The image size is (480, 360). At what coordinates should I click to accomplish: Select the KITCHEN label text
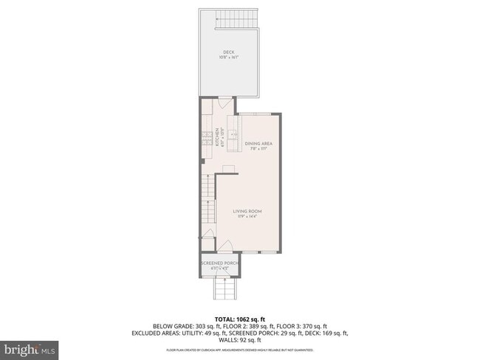(x=217, y=136)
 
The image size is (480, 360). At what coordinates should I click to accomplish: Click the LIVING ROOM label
(x=247, y=211)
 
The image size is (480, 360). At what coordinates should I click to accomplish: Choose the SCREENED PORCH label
(x=218, y=263)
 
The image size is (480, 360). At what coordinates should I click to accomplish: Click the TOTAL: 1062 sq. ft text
(x=239, y=318)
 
